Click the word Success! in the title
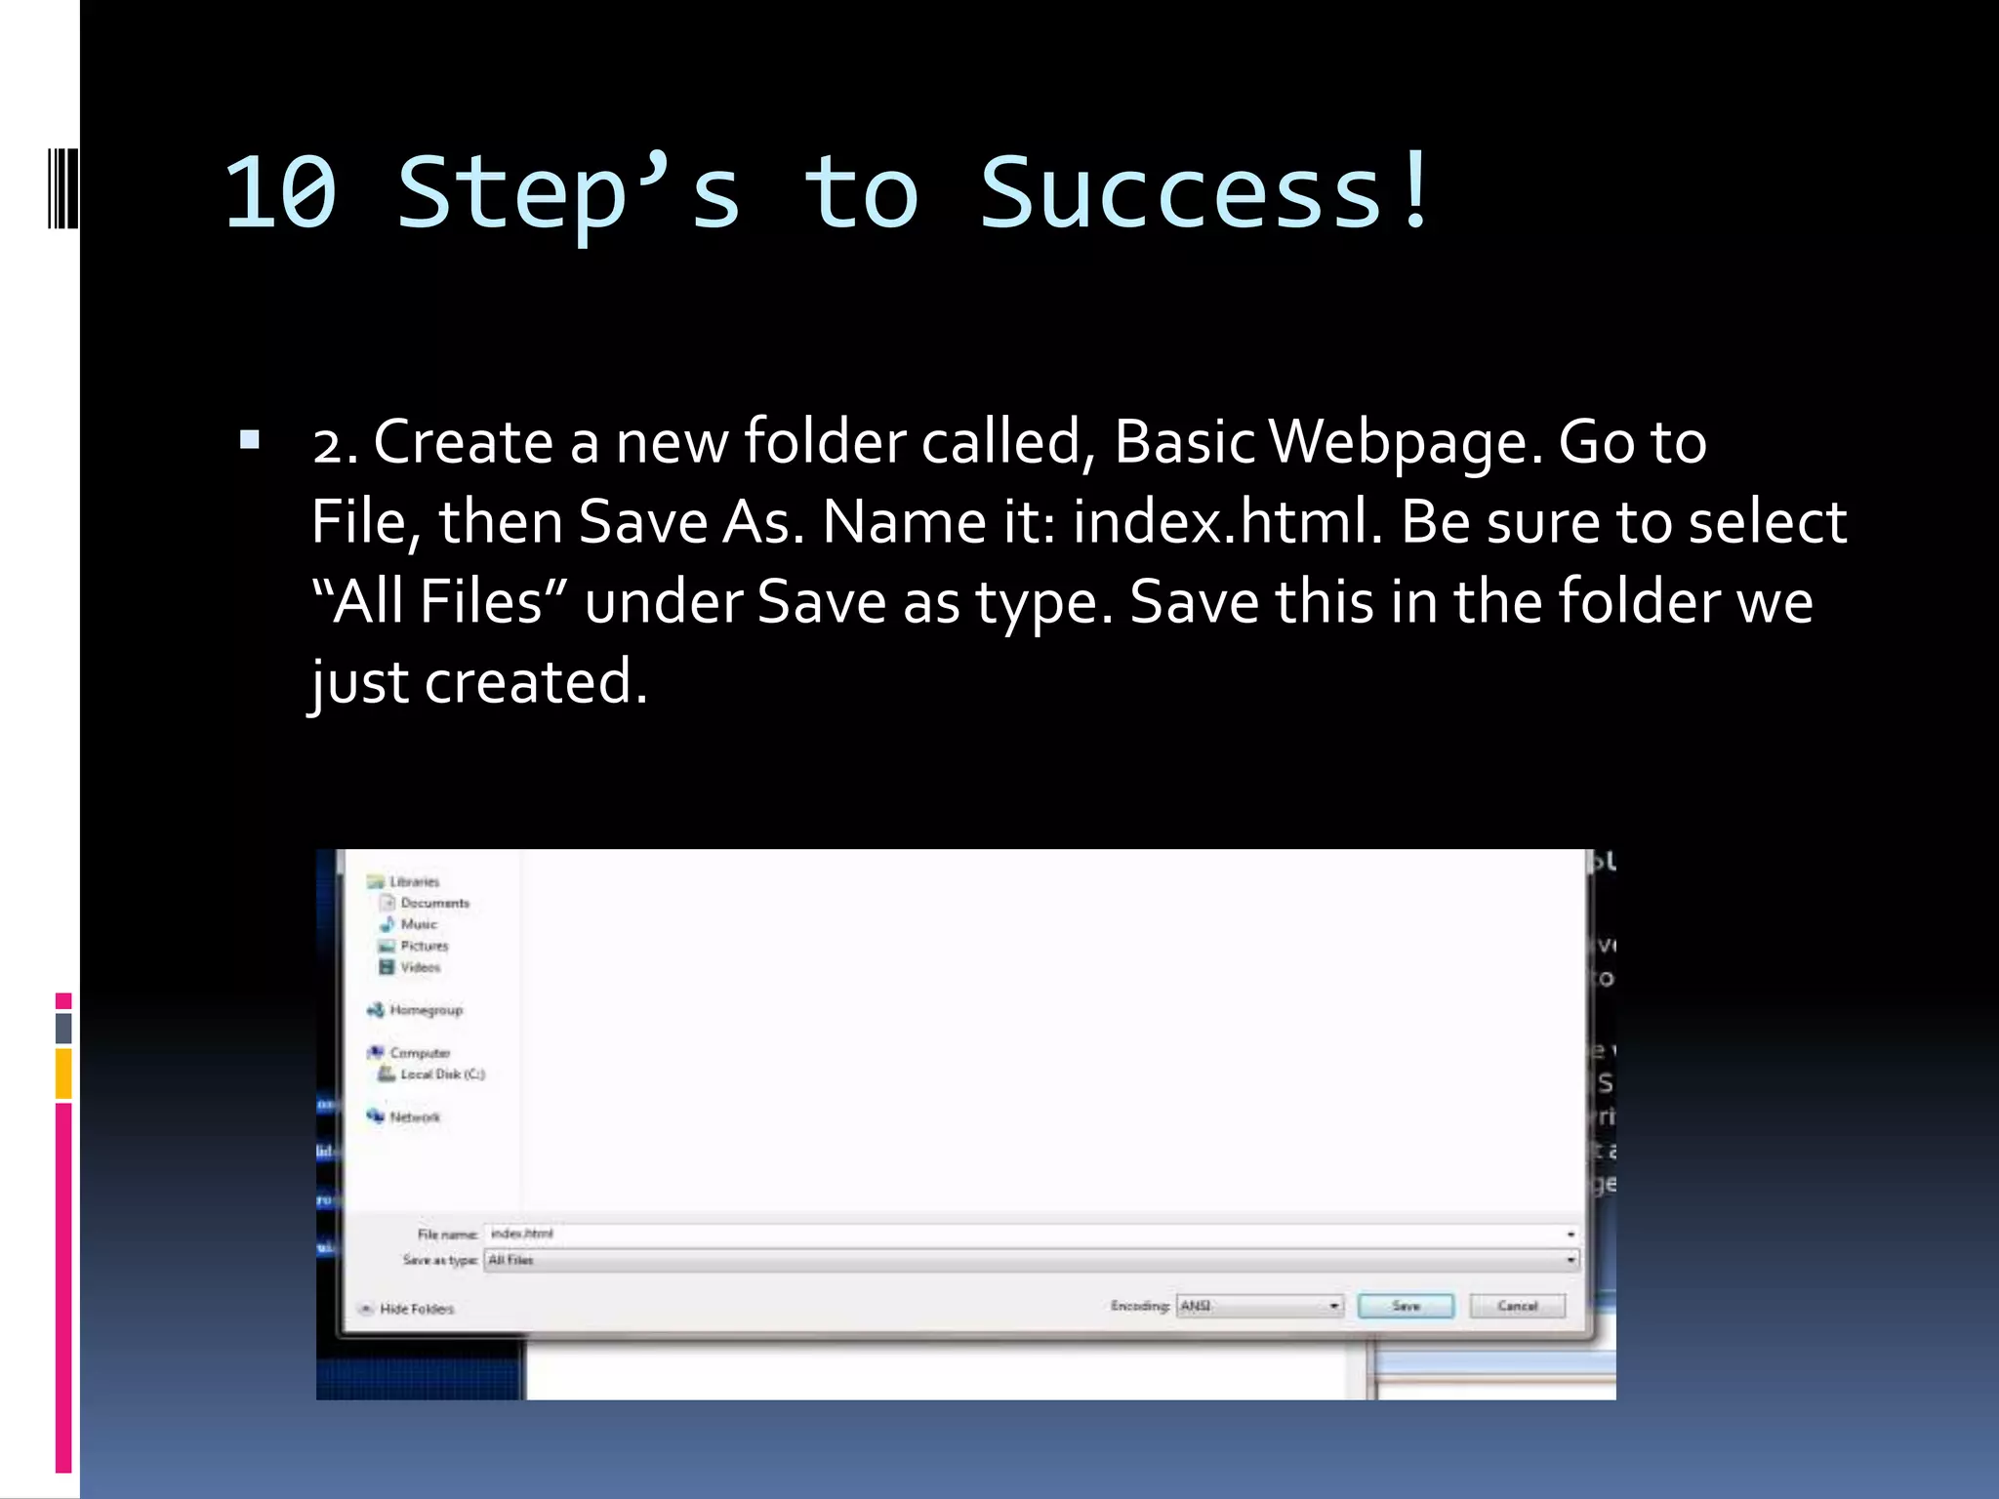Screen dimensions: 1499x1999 coord(1206,194)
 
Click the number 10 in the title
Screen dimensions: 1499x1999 coord(281,194)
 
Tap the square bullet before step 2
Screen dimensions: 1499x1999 coord(250,440)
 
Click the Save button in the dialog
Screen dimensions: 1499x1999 coord(1405,1306)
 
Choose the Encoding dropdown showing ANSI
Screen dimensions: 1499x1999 coord(1259,1306)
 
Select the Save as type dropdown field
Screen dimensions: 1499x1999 coord(1030,1260)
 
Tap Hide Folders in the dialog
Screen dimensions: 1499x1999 coord(416,1309)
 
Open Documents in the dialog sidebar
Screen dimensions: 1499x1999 coord(434,903)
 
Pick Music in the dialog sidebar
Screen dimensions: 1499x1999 coord(419,924)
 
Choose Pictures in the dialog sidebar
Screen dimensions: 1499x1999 coord(424,946)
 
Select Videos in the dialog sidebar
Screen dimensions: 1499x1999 coord(420,967)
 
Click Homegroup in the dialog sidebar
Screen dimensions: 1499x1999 coord(426,1010)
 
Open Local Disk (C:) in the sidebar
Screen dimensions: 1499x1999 coord(442,1074)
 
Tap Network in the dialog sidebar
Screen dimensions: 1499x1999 coord(415,1117)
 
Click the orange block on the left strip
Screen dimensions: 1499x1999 coord(63,1074)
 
